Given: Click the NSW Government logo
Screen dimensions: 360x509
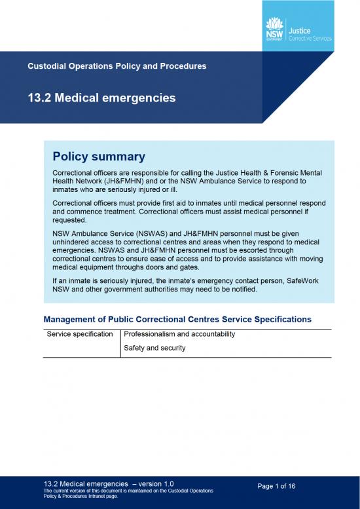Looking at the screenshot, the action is click(274, 31).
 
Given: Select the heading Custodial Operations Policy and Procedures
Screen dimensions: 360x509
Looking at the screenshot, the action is click(117, 66).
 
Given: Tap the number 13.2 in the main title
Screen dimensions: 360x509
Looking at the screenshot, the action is click(41, 98).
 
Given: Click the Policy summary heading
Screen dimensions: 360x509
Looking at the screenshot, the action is click(98, 157).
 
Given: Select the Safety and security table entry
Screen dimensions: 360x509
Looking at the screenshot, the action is click(154, 348).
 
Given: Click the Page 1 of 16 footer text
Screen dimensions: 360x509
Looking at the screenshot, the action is click(276, 486).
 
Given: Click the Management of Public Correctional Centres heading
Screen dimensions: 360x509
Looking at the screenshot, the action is click(177, 319).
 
